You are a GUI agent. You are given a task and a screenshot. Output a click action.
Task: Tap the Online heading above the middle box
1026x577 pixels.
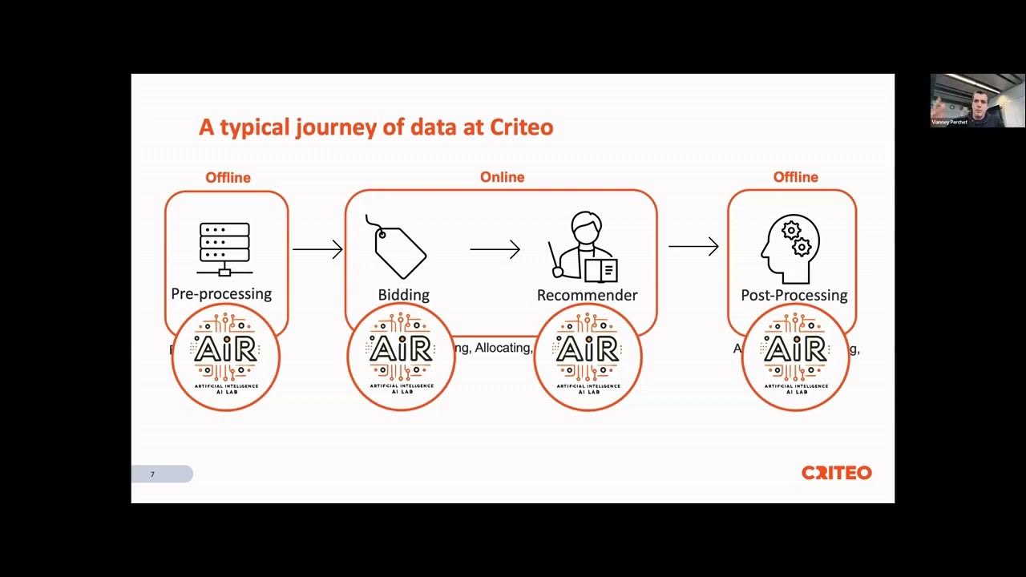502,177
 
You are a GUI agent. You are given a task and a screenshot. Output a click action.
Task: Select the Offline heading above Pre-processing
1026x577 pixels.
228,177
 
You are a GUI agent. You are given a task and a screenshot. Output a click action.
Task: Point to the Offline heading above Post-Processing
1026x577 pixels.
795,177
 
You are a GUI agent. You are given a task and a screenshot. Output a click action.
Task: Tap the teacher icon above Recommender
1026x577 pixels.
584,247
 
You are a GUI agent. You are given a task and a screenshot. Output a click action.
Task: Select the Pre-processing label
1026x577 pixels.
221,293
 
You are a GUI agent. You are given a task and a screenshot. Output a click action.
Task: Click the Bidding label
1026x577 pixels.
403,295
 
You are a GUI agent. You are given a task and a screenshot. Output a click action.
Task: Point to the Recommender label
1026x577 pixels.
587,295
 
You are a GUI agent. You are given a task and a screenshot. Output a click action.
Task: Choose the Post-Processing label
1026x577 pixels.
794,295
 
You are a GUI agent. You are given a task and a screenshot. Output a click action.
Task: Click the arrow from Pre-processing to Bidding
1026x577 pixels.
317,249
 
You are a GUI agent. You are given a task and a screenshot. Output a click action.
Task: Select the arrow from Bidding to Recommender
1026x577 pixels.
495,249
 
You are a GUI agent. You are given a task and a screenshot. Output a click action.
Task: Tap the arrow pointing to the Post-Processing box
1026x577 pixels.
693,246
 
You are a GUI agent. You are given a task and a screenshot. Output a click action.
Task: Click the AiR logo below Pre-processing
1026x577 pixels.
226,357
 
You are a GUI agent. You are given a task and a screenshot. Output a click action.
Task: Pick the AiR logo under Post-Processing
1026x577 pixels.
795,357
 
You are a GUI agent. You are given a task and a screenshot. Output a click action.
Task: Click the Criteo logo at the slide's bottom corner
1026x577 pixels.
836,473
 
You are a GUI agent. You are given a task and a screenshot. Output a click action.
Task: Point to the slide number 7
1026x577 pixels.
152,474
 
